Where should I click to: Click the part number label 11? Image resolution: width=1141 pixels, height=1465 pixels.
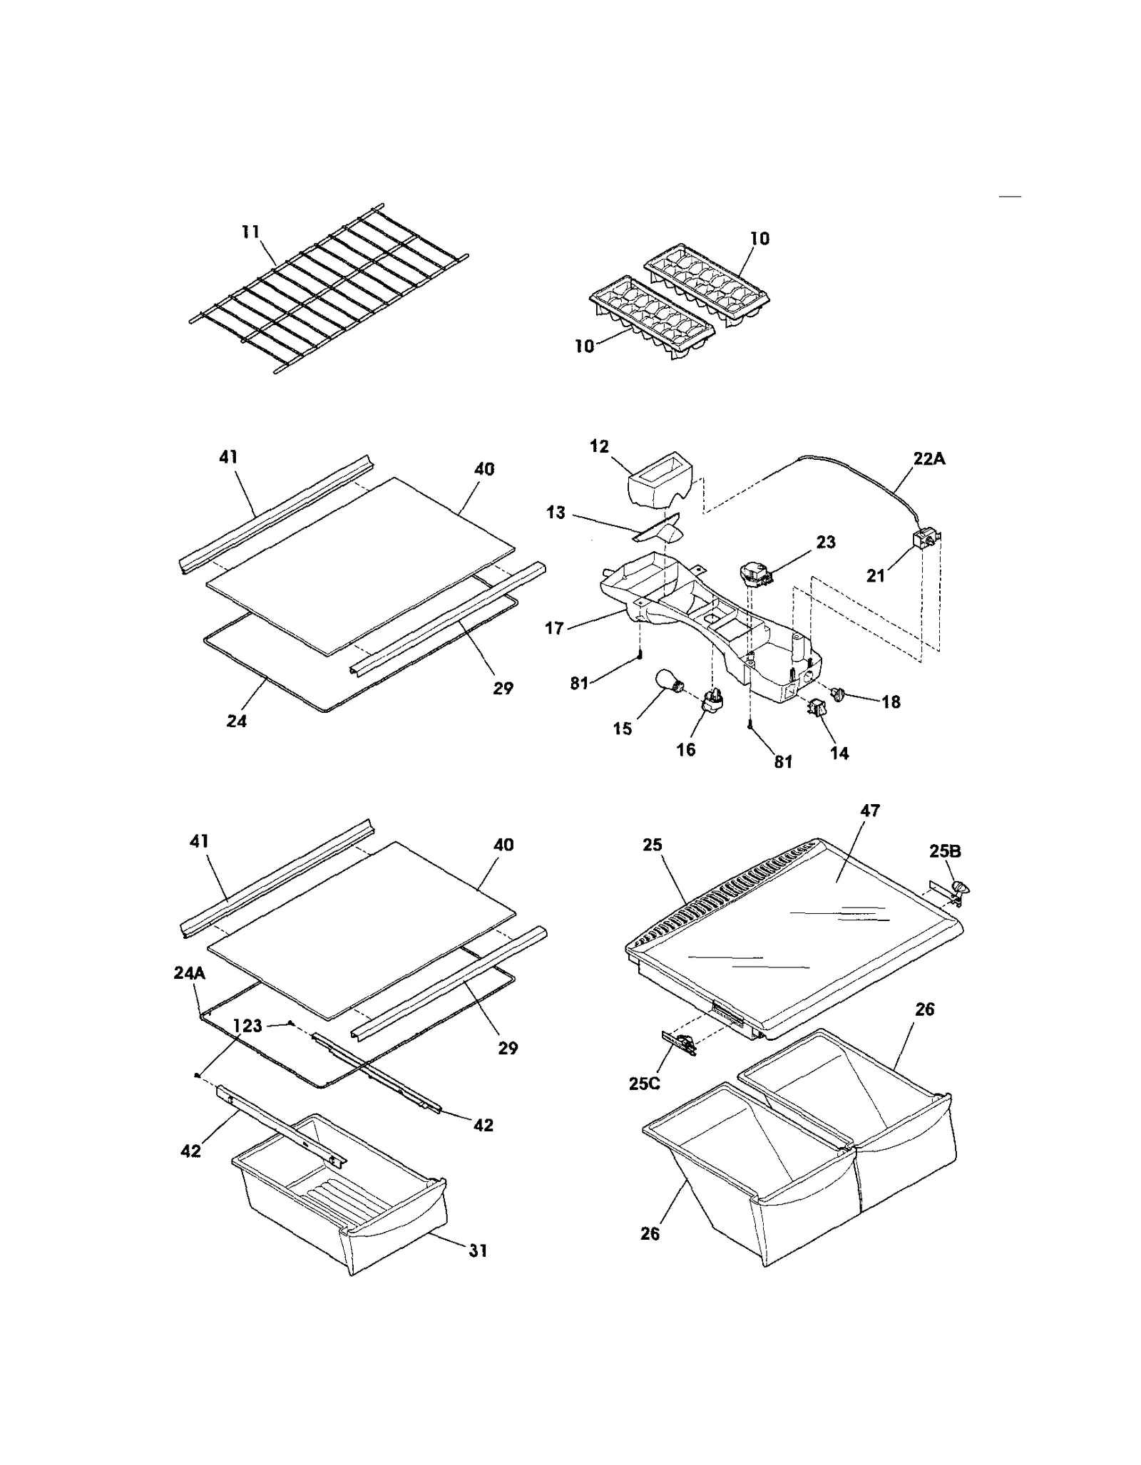coord(250,232)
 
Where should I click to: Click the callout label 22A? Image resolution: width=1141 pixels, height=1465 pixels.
coord(929,459)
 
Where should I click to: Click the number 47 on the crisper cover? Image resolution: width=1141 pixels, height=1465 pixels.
coord(869,811)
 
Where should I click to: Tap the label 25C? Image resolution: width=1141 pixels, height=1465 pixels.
coord(644,1084)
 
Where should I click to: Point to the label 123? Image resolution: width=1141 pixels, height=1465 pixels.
coord(247,1026)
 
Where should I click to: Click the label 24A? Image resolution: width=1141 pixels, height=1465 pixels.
coord(190,973)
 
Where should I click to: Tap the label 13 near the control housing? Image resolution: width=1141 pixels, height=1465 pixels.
coord(556,513)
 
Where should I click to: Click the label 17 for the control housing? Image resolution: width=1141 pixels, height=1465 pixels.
coord(554,628)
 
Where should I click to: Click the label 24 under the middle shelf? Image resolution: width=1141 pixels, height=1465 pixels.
coord(237,721)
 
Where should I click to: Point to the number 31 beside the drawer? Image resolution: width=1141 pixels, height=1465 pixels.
coord(478,1250)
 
